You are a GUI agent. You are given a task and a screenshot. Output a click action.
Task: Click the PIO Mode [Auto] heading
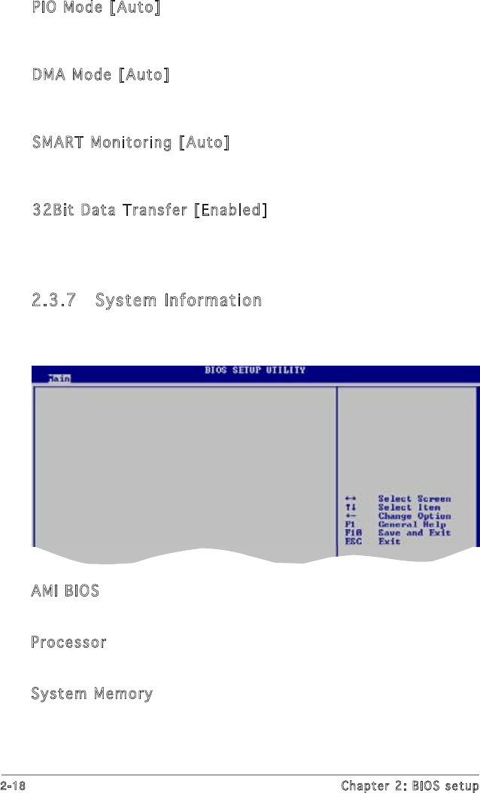[x=96, y=9]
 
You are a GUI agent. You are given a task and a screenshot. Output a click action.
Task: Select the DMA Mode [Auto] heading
[x=100, y=74]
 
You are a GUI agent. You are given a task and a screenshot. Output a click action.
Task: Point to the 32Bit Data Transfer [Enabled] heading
[x=149, y=209]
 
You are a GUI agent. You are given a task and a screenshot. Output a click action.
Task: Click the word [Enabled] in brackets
[x=229, y=209]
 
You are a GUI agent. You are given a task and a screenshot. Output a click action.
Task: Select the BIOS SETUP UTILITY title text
[x=255, y=371]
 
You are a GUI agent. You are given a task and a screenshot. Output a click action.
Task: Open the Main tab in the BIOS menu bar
[x=59, y=378]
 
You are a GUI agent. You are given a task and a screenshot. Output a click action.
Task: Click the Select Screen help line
[x=414, y=499]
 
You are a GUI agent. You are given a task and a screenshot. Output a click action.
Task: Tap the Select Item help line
[x=409, y=508]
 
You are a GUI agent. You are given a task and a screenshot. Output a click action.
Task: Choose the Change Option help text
[x=414, y=516]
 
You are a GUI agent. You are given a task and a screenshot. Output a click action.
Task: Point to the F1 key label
[x=349, y=524]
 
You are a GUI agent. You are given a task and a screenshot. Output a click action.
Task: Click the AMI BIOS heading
[x=65, y=591]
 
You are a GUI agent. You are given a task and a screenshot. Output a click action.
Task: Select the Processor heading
[x=68, y=643]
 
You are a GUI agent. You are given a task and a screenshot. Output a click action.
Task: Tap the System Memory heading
[x=92, y=694]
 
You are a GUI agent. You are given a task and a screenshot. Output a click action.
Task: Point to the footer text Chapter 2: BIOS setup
[x=409, y=785]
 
